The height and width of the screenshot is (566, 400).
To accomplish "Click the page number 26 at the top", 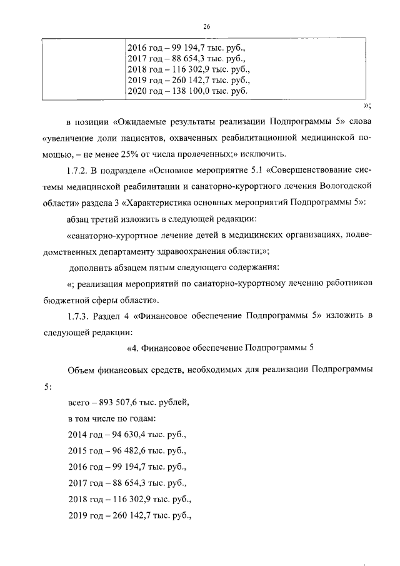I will tap(207, 26).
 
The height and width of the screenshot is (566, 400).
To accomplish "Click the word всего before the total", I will tap(79, 402).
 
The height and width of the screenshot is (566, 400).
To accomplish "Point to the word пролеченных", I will tap(219, 154).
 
